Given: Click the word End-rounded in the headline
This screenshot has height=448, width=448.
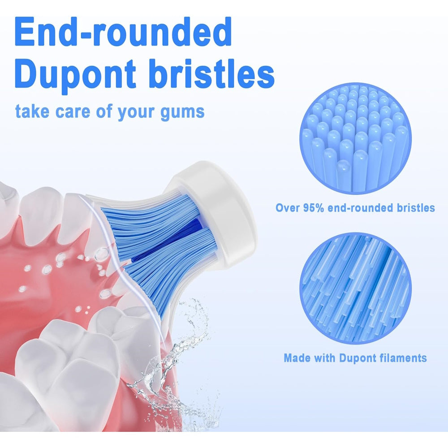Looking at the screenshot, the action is tap(123, 32).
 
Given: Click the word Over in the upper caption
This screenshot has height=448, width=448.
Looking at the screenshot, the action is tap(288, 208).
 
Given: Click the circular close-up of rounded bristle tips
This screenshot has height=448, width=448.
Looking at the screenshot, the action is tap(355, 139).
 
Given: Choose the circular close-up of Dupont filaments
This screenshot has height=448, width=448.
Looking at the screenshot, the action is tap(355, 289).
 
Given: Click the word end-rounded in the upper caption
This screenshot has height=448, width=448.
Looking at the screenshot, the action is tap(361, 208).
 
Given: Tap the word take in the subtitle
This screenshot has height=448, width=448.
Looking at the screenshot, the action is tap(32, 111).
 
